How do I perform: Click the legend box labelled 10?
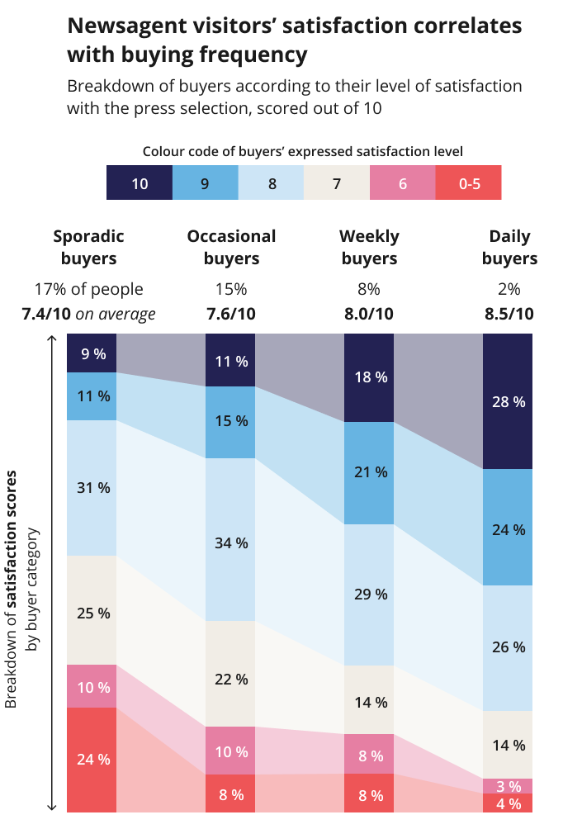tap(140, 183)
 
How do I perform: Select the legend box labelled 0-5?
tap(468, 183)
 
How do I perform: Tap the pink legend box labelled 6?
tap(402, 183)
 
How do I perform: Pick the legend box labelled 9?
tap(205, 183)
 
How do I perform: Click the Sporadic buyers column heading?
tap(88, 247)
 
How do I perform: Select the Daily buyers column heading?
tap(509, 247)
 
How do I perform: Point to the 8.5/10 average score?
tap(509, 314)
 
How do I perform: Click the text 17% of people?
tap(88, 290)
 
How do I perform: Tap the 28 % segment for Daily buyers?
tap(508, 401)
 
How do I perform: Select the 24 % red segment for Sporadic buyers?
tap(92, 759)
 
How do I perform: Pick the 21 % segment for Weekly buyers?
tap(369, 472)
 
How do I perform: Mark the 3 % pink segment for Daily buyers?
tap(508, 785)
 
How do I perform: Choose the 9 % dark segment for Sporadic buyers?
tap(92, 353)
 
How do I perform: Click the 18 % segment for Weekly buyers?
tap(369, 377)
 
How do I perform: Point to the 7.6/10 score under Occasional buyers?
tap(231, 314)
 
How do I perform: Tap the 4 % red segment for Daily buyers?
tap(508, 803)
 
